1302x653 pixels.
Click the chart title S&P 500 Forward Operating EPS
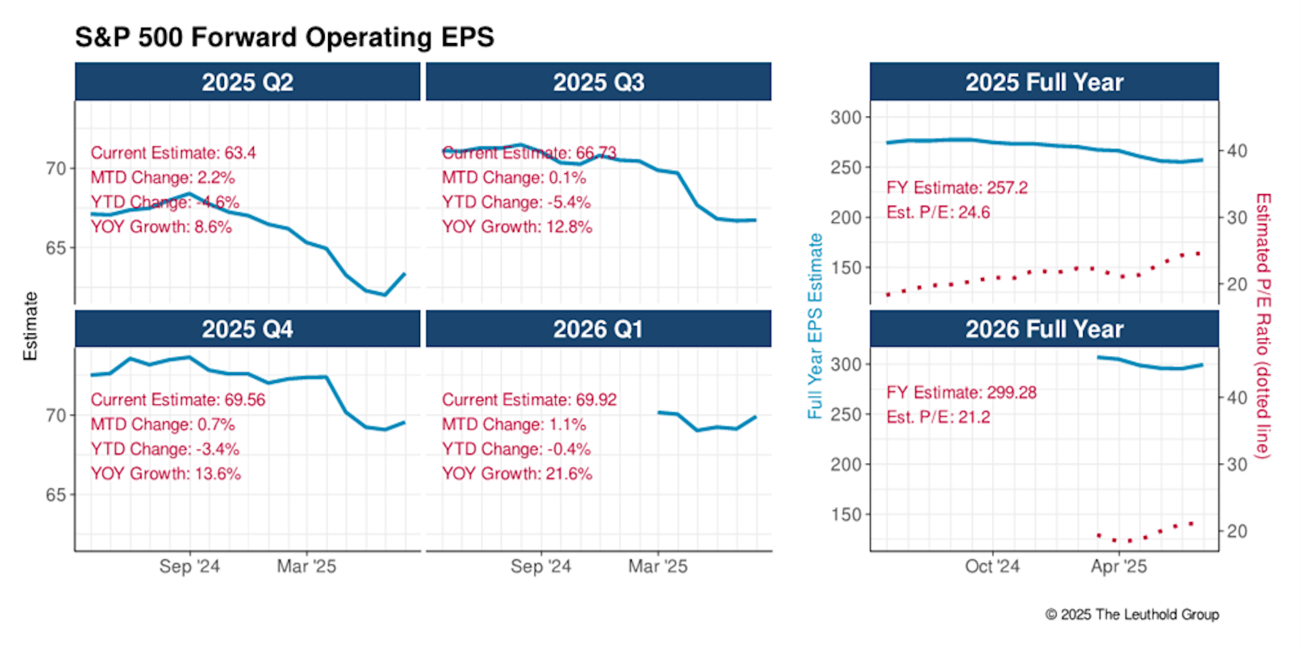tap(284, 37)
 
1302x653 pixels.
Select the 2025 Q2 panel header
tap(247, 82)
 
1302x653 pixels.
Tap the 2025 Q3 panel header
tap(598, 82)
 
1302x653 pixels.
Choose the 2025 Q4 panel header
tap(247, 329)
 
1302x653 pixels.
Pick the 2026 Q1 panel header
tap(598, 329)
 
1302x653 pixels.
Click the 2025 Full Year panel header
tap(1044, 82)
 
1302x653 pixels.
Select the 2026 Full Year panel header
tap(1044, 329)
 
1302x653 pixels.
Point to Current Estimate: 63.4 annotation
tap(173, 153)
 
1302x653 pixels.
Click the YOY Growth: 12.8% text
tap(517, 227)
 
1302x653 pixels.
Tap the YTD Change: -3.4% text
tap(165, 449)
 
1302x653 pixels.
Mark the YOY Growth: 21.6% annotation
tap(517, 474)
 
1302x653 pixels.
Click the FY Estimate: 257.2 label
tap(957, 188)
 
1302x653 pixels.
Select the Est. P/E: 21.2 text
tap(938, 417)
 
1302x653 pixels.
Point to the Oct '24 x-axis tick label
tap(992, 566)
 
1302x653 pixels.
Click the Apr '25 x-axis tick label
tap(1119, 566)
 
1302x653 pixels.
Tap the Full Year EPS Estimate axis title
tap(815, 326)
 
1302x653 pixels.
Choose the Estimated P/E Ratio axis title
tap(1263, 326)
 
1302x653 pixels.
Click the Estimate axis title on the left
tap(31, 326)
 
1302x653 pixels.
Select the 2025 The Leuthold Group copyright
tap(1132, 615)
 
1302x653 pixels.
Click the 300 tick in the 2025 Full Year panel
tap(846, 118)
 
